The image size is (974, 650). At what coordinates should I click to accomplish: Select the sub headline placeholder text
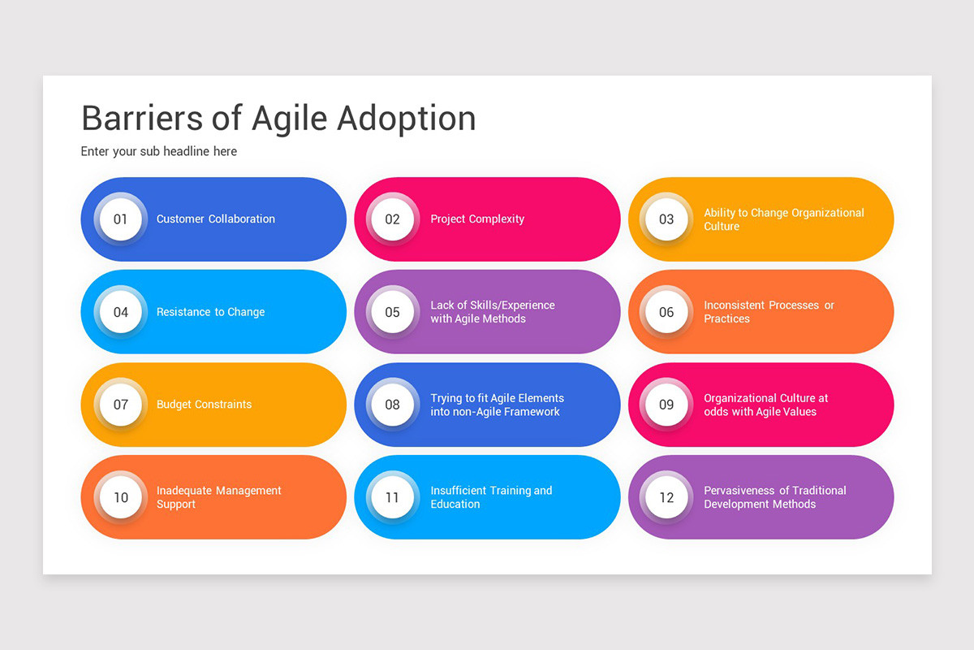(159, 152)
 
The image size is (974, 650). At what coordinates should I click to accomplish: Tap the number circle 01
(121, 219)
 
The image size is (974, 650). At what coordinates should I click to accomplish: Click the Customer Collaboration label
(216, 219)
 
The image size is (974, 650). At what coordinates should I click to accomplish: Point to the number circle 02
(393, 219)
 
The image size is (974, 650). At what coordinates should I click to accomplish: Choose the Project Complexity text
(477, 219)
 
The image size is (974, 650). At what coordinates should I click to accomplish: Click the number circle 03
(666, 219)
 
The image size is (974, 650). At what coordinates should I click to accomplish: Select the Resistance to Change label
(210, 312)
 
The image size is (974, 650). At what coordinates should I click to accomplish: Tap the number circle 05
(393, 312)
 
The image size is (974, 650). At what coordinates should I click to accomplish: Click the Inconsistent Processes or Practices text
(769, 312)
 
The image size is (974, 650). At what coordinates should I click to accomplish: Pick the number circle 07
(121, 405)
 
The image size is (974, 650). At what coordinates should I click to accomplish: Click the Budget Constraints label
(204, 405)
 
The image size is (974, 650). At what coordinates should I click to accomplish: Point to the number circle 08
(393, 405)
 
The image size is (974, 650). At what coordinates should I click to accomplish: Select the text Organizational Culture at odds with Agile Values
(765, 405)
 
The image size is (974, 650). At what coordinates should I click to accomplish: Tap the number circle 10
(121, 497)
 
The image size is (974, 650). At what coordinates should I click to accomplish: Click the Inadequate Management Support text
(218, 497)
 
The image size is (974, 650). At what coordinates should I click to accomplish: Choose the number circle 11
(393, 497)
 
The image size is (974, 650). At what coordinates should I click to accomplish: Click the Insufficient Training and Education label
(491, 497)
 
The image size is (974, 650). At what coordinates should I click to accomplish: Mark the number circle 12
(666, 497)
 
